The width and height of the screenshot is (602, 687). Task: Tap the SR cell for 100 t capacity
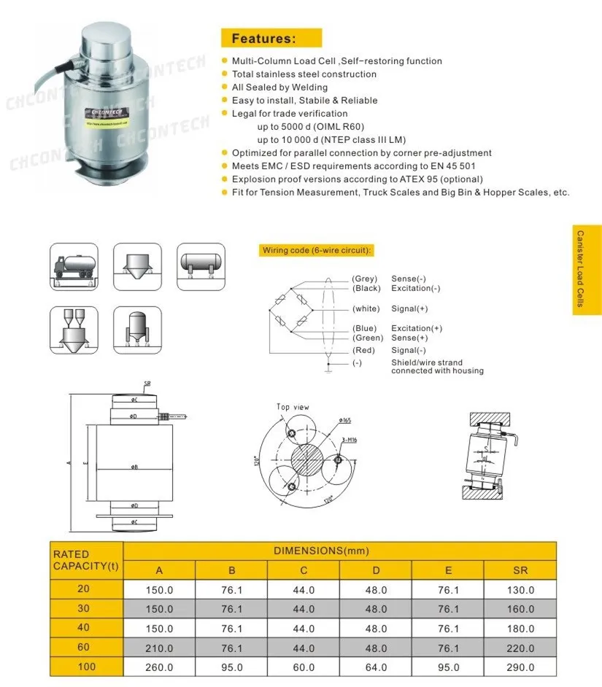point(520,667)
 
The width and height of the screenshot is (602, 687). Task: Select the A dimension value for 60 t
point(159,648)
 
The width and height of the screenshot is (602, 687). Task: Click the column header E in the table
point(448,570)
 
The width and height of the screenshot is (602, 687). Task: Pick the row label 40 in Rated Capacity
point(87,628)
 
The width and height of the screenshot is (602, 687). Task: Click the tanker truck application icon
point(74,266)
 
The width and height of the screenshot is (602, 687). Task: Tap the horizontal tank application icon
point(201,266)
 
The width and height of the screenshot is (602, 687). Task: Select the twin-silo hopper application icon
point(74,330)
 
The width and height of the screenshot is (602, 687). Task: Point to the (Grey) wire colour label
point(364,279)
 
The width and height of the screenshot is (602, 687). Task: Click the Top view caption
point(293,407)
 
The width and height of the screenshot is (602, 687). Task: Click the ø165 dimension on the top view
point(345,420)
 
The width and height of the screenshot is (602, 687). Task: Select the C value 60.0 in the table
point(304,667)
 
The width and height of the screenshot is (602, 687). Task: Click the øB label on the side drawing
point(135,467)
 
